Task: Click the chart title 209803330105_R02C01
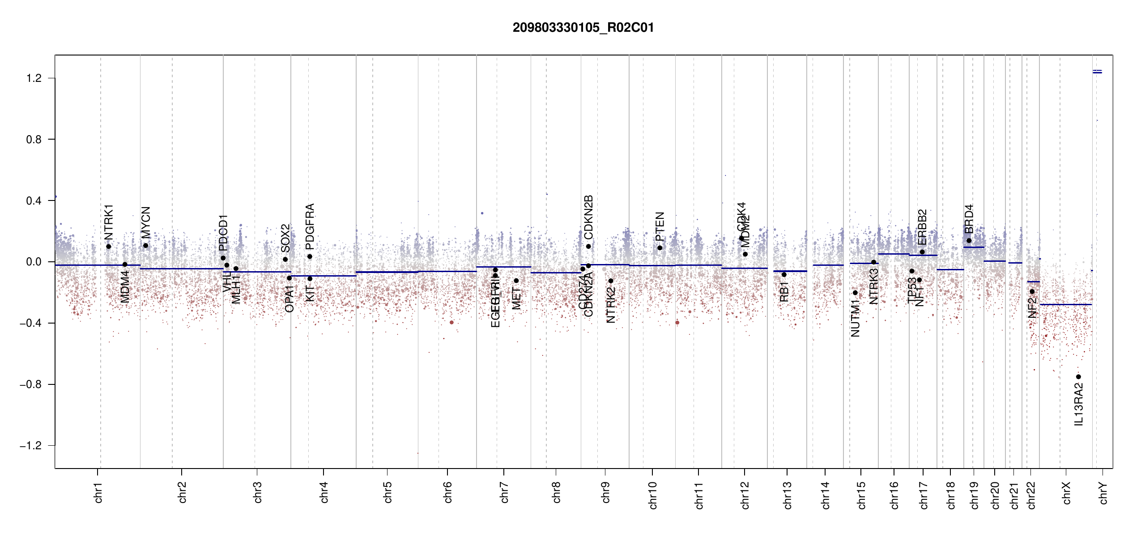[583, 28]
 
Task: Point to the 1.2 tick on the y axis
[34, 78]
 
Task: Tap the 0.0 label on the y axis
[34, 262]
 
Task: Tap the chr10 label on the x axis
[653, 495]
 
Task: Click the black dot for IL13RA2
[1078, 377]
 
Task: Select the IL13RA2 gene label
[1079, 405]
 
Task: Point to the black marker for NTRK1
[108, 247]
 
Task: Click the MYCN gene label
[146, 222]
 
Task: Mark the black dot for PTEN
[660, 248]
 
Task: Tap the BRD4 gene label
[969, 219]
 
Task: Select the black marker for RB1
[784, 275]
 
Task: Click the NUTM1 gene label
[855, 318]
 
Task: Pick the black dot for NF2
[1032, 291]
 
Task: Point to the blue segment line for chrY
[1097, 72]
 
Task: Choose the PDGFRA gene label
[310, 226]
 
